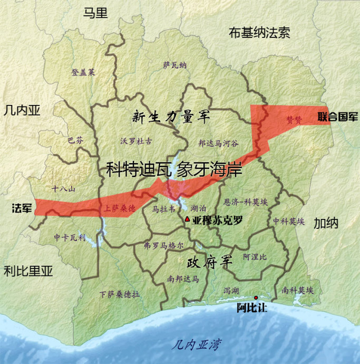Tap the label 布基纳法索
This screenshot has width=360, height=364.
point(259,33)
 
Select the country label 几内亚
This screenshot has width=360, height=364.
point(22,110)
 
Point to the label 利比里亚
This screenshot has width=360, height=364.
point(28,271)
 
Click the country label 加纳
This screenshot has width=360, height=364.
point(326,223)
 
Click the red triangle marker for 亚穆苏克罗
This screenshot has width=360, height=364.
point(188,219)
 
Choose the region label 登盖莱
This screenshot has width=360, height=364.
point(83,73)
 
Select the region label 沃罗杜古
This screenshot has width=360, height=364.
point(136,141)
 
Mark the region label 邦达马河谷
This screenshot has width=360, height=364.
point(218,143)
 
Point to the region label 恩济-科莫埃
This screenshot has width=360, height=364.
point(246,202)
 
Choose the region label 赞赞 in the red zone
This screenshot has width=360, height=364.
point(294,120)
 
